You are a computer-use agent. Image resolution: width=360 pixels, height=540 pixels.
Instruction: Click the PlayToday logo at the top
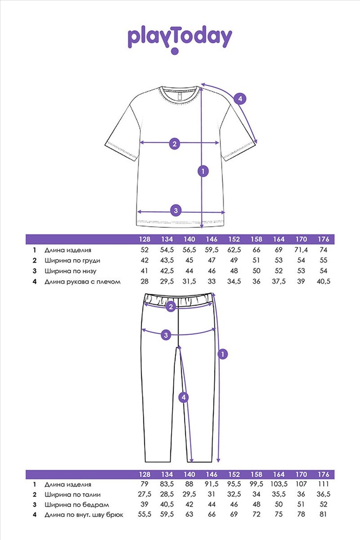(180, 38)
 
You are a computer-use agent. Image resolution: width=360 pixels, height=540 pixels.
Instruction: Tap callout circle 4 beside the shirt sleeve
(240, 99)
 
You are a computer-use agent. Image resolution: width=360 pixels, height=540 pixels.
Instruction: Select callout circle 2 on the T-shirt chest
(174, 143)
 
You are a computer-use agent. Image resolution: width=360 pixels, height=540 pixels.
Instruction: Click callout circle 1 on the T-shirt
(203, 171)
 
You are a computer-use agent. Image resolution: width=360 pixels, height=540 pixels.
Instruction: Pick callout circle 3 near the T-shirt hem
(176, 210)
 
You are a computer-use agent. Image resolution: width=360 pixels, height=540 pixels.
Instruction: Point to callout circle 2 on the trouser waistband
(171, 307)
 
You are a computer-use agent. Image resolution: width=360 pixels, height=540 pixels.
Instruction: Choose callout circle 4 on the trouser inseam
(184, 397)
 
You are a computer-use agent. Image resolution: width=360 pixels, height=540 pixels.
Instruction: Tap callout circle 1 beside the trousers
(223, 354)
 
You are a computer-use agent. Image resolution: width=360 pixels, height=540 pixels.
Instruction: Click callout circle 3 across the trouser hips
(166, 334)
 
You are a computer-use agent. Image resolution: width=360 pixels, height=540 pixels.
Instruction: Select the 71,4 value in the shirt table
(301, 249)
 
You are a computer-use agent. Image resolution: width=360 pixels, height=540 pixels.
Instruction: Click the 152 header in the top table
(234, 239)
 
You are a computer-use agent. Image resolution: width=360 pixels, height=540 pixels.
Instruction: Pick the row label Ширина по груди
(72, 261)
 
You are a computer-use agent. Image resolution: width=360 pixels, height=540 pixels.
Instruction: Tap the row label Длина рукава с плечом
(83, 282)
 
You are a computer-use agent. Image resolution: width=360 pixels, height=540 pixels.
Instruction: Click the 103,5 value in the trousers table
(279, 484)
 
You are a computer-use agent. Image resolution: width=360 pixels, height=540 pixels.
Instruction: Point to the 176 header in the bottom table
(323, 474)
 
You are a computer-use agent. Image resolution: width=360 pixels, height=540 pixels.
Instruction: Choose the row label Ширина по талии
(73, 495)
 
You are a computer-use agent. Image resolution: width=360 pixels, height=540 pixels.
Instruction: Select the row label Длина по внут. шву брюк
(84, 515)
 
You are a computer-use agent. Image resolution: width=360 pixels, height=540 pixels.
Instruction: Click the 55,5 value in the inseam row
(145, 515)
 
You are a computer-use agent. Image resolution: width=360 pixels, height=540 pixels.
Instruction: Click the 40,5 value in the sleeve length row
(323, 281)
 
